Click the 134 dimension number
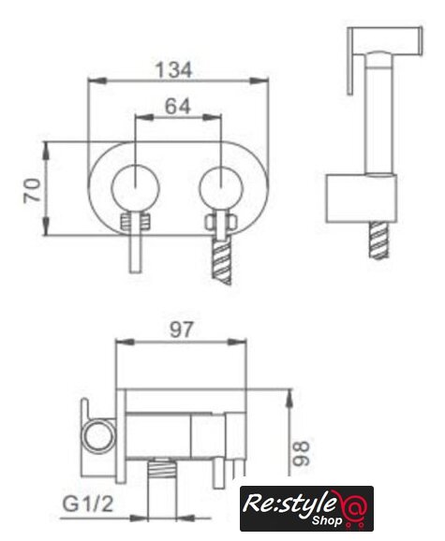pyautogui.click(x=173, y=69)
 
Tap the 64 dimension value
pyautogui.click(x=178, y=107)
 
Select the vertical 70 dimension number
pyautogui.click(x=32, y=189)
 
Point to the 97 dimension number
pyautogui.click(x=181, y=329)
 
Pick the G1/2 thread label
pyautogui.click(x=88, y=504)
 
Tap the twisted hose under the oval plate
pyautogui.click(x=221, y=261)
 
